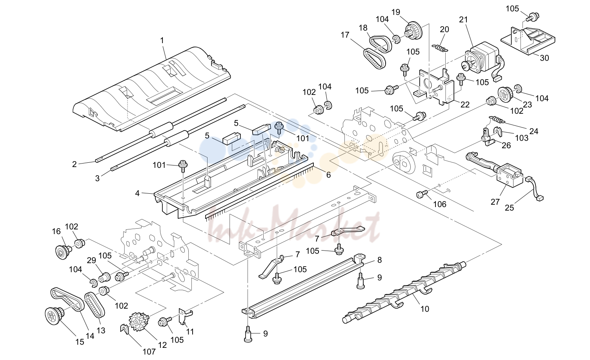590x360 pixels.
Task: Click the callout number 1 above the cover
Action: (x=162, y=40)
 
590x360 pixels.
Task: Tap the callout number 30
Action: (x=544, y=58)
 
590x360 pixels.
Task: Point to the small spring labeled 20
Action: (x=440, y=48)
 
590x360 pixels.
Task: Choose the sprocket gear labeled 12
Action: (x=139, y=321)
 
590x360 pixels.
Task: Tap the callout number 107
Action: (x=149, y=352)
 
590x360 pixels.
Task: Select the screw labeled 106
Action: (x=421, y=195)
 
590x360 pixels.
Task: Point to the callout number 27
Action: (x=495, y=202)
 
